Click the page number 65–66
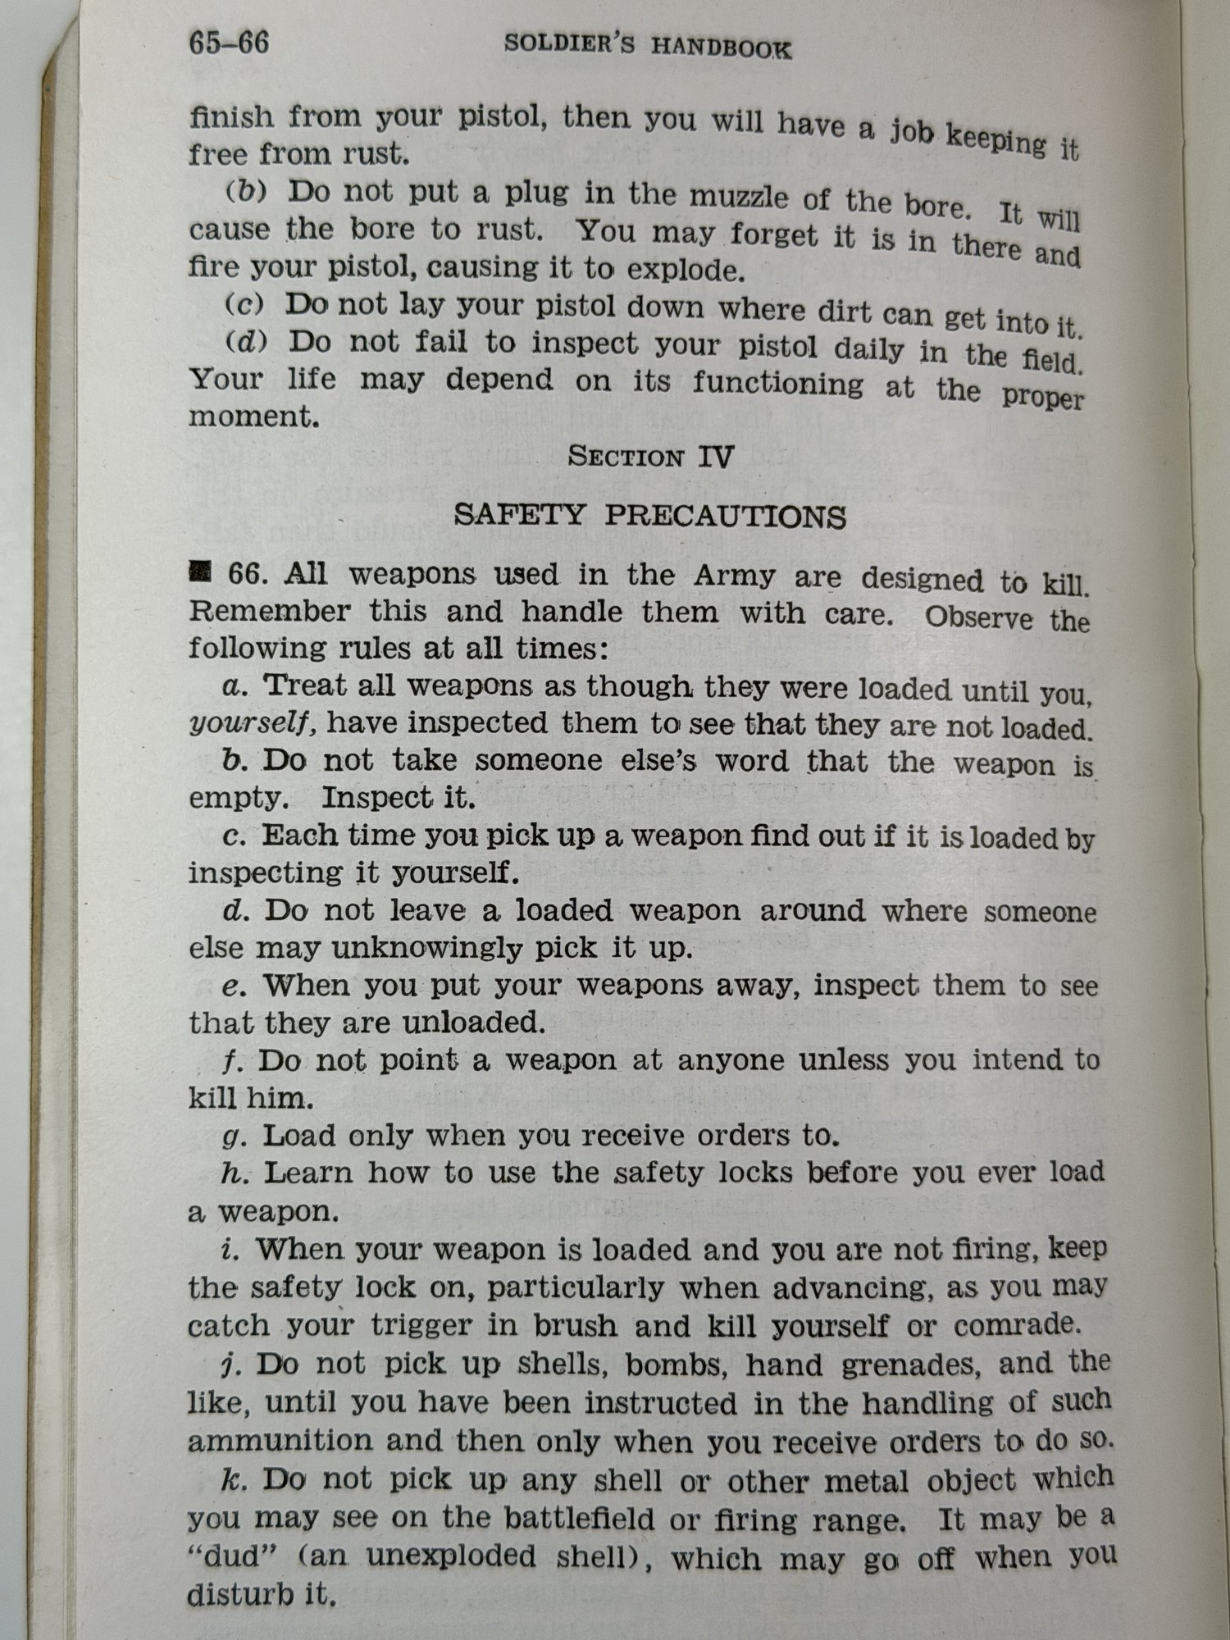[229, 42]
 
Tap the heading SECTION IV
[649, 456]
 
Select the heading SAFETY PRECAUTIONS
[649, 517]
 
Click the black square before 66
[199, 571]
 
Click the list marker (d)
[247, 342]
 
